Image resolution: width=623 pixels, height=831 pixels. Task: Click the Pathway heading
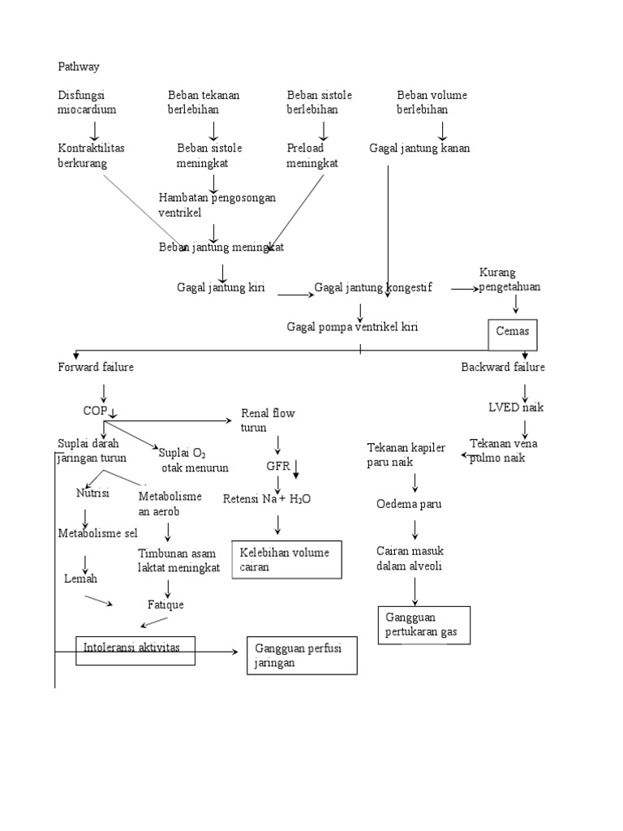[79, 66]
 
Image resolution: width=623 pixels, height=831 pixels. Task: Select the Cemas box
[513, 333]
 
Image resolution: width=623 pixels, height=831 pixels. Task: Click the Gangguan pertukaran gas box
[423, 626]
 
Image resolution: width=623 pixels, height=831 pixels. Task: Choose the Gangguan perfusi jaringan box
[302, 656]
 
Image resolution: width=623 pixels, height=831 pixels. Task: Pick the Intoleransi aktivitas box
[135, 648]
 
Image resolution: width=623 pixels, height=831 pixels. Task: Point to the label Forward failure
[96, 368]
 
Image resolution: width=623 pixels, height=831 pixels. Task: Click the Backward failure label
[503, 368]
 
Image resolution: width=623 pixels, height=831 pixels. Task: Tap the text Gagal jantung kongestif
[374, 287]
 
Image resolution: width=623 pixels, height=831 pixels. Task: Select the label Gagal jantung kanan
[419, 149]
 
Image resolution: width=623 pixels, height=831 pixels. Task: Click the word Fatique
[165, 605]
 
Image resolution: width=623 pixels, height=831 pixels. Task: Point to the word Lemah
[80, 579]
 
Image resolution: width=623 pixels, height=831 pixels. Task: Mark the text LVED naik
[516, 407]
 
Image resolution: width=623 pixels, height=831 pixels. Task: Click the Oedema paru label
[409, 504]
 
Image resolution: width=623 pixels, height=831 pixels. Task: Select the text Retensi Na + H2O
[267, 498]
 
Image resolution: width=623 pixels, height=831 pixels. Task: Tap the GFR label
[278, 467]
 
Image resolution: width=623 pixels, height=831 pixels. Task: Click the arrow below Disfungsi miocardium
[95, 130]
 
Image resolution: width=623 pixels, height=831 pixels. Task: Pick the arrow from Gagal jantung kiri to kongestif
[294, 295]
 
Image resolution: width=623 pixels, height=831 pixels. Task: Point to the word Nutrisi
[92, 493]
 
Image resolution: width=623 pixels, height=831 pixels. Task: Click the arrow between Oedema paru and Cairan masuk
[415, 529]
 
